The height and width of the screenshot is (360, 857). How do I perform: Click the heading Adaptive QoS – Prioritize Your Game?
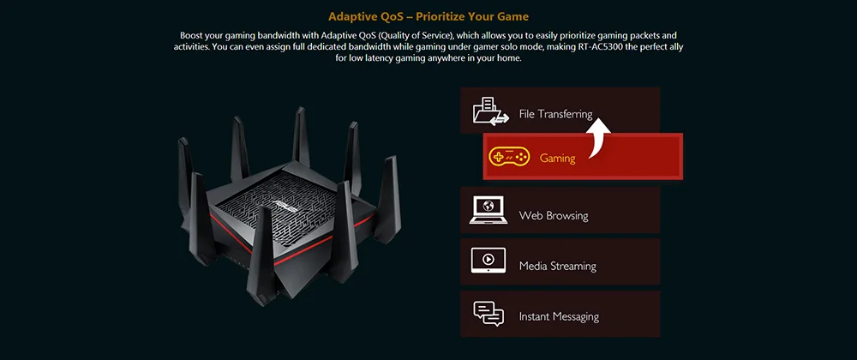428,16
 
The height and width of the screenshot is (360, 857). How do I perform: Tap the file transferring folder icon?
488,111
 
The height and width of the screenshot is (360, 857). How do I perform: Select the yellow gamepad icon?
508,157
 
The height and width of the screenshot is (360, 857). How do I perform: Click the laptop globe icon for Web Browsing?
488,210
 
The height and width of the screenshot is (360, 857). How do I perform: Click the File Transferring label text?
555,114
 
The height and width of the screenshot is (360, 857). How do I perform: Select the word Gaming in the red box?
557,159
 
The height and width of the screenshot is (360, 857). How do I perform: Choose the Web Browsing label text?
554,215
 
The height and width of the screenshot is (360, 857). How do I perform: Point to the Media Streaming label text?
557,266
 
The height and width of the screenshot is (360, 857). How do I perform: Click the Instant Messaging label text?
559,316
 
